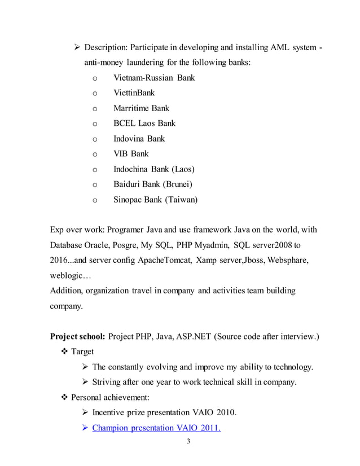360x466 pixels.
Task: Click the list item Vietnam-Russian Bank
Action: click(153, 77)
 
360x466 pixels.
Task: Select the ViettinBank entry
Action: click(134, 93)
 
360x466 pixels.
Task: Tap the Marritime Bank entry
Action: click(141, 108)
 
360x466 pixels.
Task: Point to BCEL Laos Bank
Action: click(144, 123)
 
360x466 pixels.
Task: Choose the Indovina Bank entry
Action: click(139, 138)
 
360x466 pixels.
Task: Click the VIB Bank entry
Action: click(131, 153)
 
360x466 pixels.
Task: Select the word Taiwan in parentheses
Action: click(180, 199)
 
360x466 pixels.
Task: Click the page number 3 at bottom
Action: click(188, 441)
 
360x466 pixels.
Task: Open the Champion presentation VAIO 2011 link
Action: click(156, 428)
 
